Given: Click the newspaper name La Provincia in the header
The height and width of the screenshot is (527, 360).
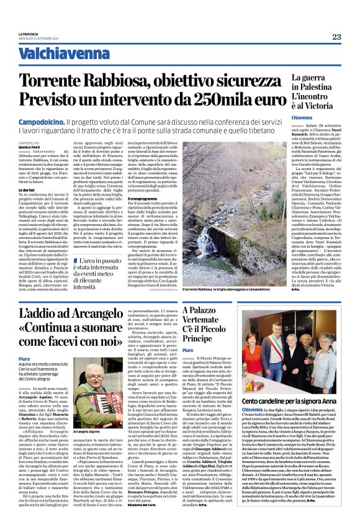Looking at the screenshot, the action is [x=29, y=34].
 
